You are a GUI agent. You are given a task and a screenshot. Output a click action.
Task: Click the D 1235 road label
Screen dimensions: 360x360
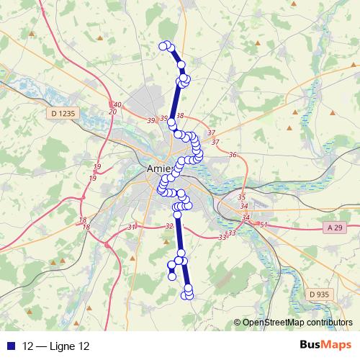click(63, 113)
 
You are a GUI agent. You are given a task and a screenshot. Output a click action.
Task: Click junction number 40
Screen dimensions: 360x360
click(117, 105)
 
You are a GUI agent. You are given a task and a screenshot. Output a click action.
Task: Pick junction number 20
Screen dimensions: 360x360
click(112, 112)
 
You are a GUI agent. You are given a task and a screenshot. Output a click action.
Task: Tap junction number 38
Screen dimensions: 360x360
click(179, 116)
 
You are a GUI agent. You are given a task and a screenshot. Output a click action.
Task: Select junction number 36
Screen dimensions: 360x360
click(232, 155)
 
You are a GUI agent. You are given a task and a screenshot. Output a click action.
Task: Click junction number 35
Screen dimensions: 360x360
click(241, 197)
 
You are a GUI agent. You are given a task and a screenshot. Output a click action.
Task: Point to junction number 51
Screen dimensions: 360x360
click(264, 225)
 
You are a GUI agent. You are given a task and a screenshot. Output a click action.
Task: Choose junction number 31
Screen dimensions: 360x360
click(131, 228)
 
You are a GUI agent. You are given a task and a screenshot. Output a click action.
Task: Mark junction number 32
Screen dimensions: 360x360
click(169, 226)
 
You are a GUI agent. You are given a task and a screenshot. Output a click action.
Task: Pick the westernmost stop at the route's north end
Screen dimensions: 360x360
click(163, 46)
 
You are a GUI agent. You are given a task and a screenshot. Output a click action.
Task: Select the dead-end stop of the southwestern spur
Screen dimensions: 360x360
click(172, 275)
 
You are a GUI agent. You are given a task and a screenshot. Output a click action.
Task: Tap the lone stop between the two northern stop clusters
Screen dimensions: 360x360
click(181, 65)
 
